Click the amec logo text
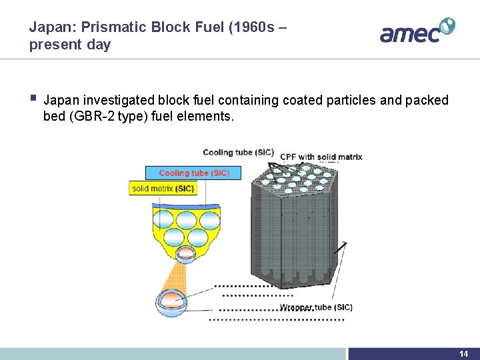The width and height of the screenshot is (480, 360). point(409,33)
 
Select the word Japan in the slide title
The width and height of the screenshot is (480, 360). point(48,28)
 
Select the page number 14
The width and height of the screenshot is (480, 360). point(464,353)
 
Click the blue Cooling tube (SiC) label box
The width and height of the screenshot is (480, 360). point(193,173)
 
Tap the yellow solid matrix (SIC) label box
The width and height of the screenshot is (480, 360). point(163,189)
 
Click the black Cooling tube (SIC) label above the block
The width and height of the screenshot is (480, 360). point(238,152)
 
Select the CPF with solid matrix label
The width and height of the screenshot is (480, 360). point(321,157)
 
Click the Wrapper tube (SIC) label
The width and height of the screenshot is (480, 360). point(316,307)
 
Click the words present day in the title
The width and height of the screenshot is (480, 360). point(69,45)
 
